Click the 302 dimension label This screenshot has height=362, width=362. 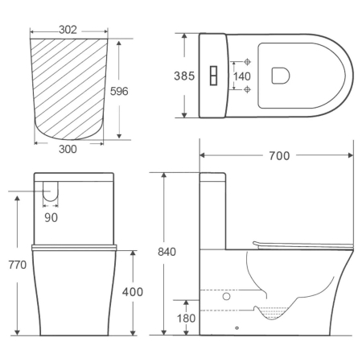point(68,30)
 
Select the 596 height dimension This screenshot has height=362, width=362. point(119,91)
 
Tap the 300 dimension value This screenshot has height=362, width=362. point(68,149)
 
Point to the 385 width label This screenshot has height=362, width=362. point(184,76)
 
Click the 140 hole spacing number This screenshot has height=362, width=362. point(242,76)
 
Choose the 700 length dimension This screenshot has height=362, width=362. point(279,156)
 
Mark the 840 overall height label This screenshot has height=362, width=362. point(167,252)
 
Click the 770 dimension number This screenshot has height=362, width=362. point(18,265)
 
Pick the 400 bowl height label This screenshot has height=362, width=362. point(133,292)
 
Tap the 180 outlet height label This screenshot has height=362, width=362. point(186,319)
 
